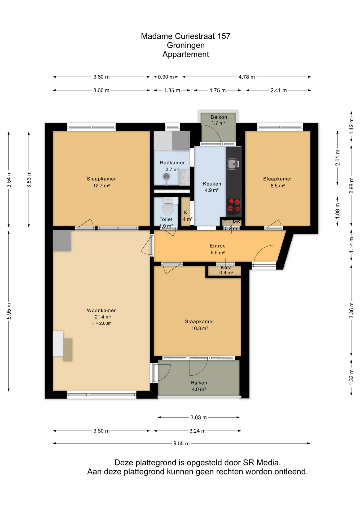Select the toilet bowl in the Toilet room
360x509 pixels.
coord(168,208)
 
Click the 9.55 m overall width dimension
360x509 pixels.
coord(181,443)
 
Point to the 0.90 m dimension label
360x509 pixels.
coord(166,77)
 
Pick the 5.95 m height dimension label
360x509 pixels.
coord(9,311)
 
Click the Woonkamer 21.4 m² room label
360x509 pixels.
coord(102,313)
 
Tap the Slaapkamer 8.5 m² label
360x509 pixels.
coord(278,182)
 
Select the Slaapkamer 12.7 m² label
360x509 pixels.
coord(101,182)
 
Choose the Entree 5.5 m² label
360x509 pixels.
coord(218,249)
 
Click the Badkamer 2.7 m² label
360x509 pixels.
coord(172,166)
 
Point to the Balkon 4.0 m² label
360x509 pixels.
coord(199,386)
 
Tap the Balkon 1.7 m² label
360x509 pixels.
coord(219,120)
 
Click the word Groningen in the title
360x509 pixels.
coord(186,45)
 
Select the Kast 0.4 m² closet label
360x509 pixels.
coord(226,270)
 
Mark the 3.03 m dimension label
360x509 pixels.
coord(199,418)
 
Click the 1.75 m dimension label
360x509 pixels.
coord(218,90)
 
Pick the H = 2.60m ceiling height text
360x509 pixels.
coord(101,323)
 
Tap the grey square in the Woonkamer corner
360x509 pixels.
coord(62,241)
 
